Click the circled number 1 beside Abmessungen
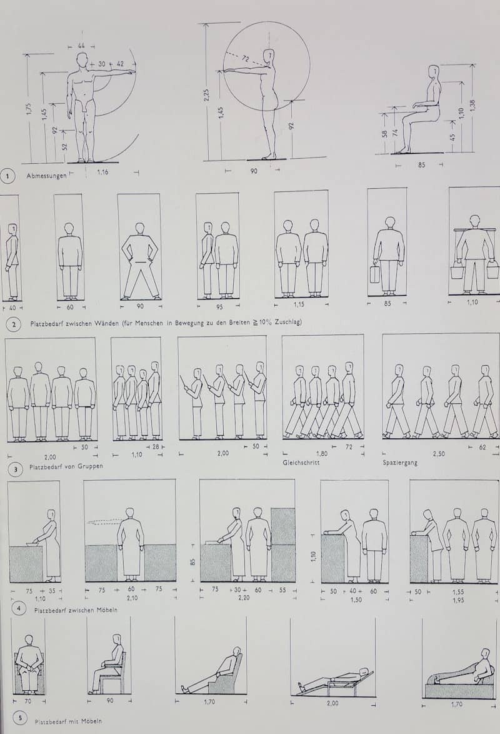tap(8, 176)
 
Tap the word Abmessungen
tap(46, 176)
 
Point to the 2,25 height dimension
tap(207, 94)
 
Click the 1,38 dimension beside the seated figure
tap(473, 107)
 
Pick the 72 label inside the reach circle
tap(245, 58)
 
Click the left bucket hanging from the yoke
tap(457, 272)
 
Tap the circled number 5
tap(19, 720)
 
